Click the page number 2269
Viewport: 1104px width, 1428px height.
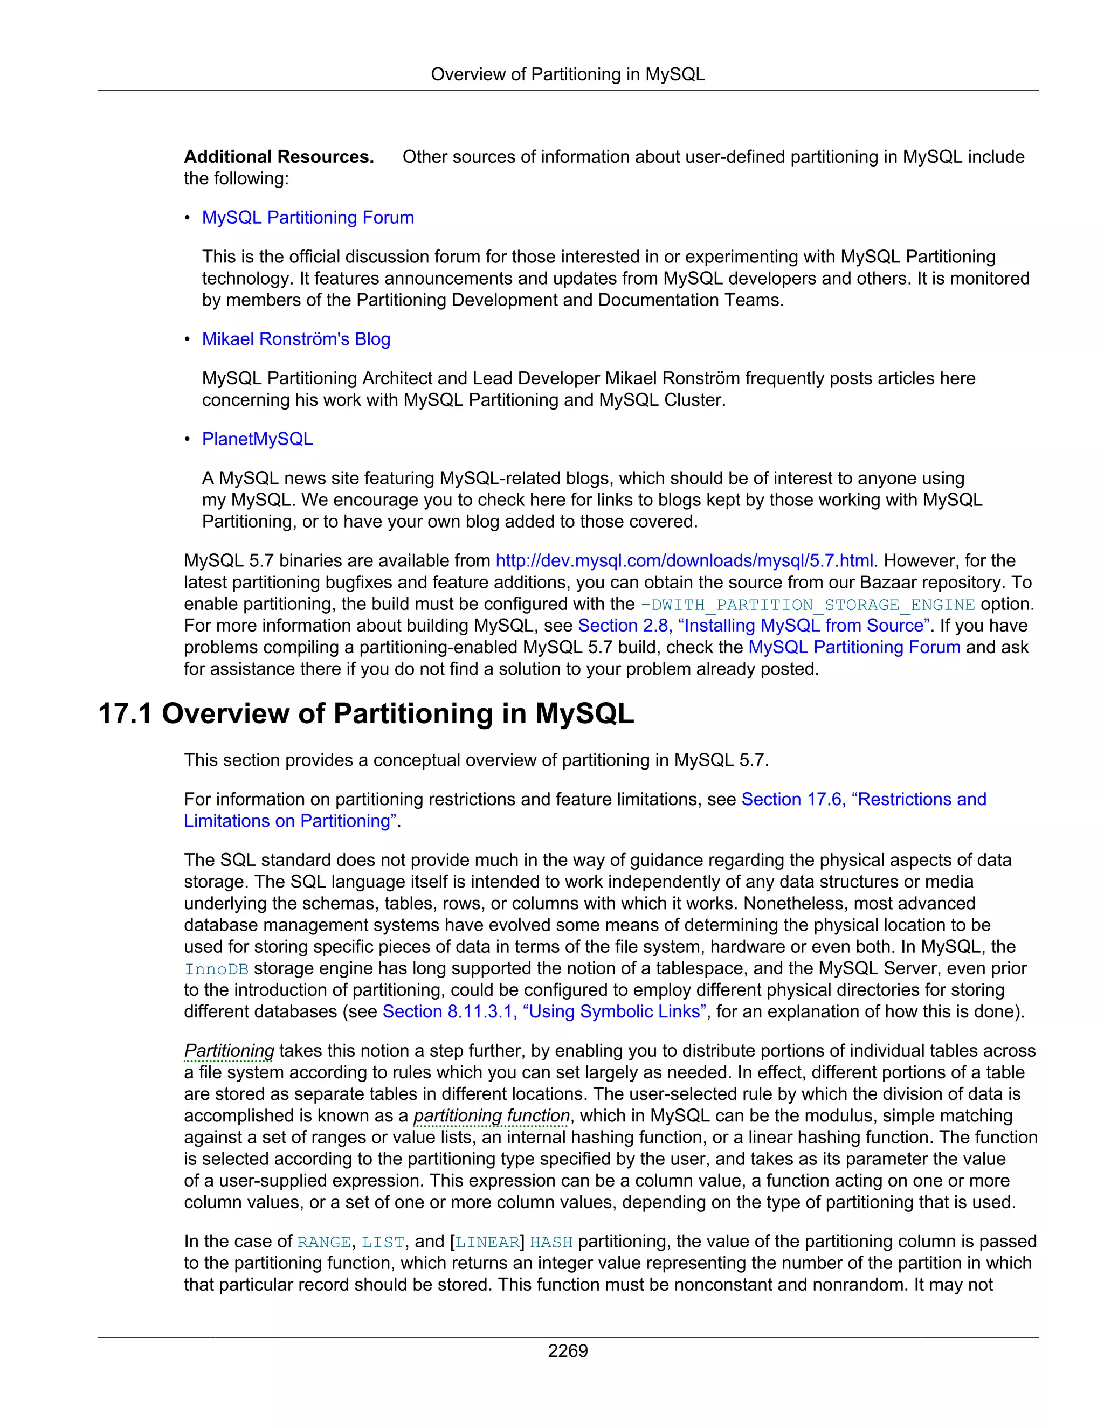point(567,1351)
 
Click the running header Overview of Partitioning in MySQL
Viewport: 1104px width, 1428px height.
point(567,74)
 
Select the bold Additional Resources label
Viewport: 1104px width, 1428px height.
point(279,157)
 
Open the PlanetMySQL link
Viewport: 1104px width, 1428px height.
point(257,439)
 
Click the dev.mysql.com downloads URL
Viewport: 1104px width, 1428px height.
point(684,560)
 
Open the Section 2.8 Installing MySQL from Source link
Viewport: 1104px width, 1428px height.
point(754,625)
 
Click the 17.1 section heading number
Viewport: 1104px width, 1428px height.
point(125,713)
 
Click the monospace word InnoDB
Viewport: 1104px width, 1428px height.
point(216,969)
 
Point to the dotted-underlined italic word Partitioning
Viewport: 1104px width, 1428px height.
point(229,1051)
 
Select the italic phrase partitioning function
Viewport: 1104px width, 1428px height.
point(491,1115)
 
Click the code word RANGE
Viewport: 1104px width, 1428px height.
point(324,1242)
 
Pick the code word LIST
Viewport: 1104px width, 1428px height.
point(383,1242)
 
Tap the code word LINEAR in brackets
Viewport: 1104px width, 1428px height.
point(487,1242)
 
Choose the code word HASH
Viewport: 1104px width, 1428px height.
point(551,1242)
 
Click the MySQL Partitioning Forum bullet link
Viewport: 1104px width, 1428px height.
point(307,217)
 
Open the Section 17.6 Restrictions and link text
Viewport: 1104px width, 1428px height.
point(864,799)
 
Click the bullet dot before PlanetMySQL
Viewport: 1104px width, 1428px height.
point(187,439)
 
